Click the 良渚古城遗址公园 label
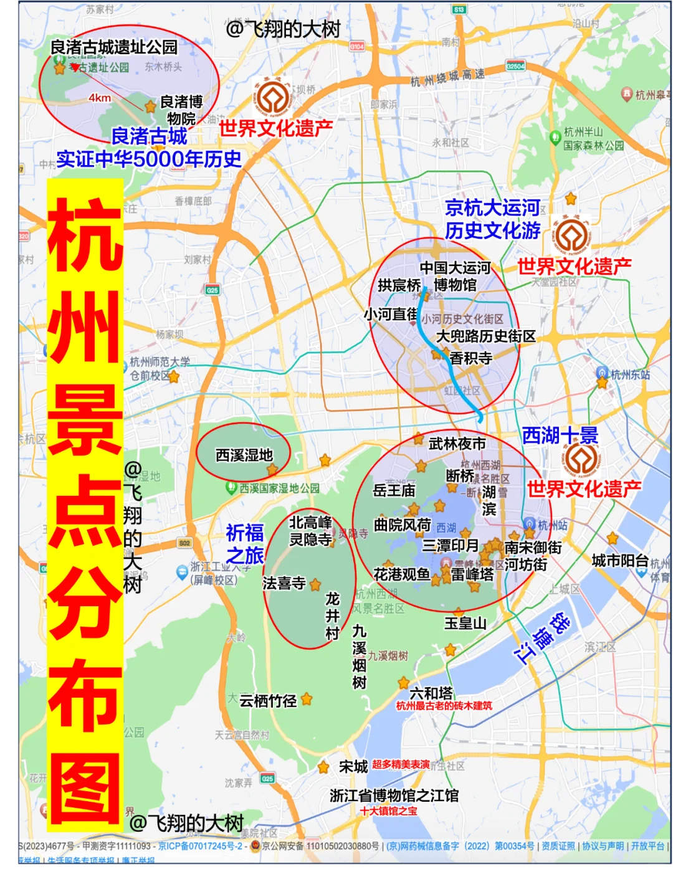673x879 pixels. click(114, 47)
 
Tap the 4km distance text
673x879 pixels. click(100, 98)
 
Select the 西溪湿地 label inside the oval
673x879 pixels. click(244, 455)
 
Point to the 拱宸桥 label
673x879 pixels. click(399, 285)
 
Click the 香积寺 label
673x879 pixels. click(471, 358)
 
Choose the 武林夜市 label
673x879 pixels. click(457, 444)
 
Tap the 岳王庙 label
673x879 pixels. click(394, 490)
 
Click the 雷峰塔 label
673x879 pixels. click(472, 574)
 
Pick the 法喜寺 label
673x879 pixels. click(284, 583)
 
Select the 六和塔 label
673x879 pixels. click(431, 693)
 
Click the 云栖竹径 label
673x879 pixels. click(268, 701)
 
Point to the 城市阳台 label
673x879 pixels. click(620, 561)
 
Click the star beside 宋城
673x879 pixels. click(323, 767)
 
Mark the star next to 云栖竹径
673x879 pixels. click(307, 700)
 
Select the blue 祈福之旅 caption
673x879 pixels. click(245, 544)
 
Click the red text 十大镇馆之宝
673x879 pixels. click(388, 811)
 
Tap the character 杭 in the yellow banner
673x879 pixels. click(85, 234)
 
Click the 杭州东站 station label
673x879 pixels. click(629, 374)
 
